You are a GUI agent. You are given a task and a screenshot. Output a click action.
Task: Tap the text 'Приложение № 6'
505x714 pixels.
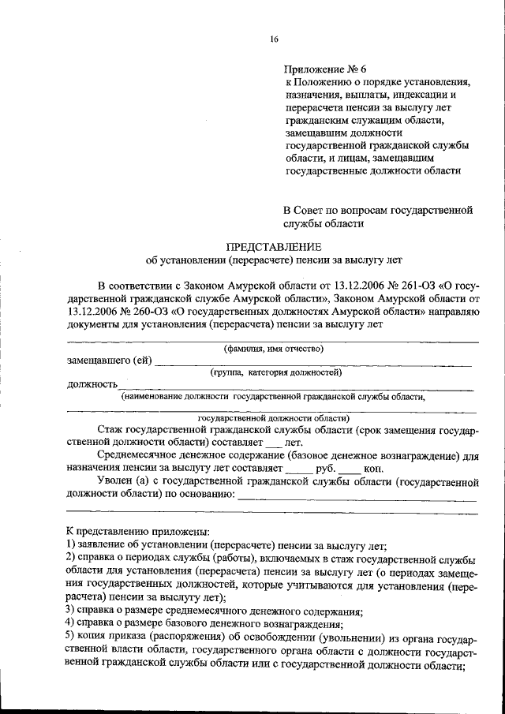[323, 69]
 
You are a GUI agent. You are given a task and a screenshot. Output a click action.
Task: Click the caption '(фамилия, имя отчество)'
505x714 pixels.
[273, 348]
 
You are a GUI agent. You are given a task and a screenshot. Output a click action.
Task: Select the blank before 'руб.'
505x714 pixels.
[299, 469]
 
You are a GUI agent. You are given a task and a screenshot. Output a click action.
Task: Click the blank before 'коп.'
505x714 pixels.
[350, 469]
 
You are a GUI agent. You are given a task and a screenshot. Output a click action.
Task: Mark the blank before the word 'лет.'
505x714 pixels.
[272, 444]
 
